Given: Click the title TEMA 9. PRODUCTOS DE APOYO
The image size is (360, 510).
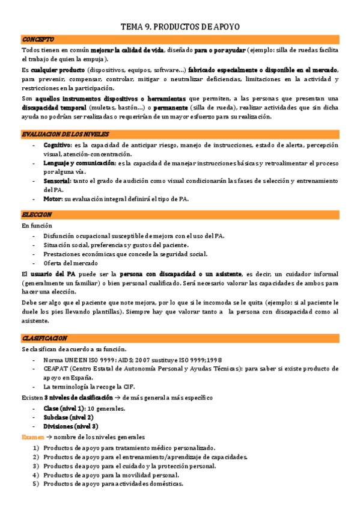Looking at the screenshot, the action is (180, 26).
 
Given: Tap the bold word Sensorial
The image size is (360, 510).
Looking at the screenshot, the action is (57, 180).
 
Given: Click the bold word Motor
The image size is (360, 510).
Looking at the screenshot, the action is (52, 198).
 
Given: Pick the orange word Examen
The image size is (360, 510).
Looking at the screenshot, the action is (32, 437).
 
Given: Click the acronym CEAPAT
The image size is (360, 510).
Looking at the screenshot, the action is (56, 368).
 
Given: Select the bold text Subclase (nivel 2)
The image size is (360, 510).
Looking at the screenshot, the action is (68, 417).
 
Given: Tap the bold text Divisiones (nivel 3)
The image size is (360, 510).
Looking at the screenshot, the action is (71, 426).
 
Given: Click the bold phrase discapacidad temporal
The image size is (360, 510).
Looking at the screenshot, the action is (55, 108).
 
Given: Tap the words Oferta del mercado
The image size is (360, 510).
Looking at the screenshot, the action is (70, 263).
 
